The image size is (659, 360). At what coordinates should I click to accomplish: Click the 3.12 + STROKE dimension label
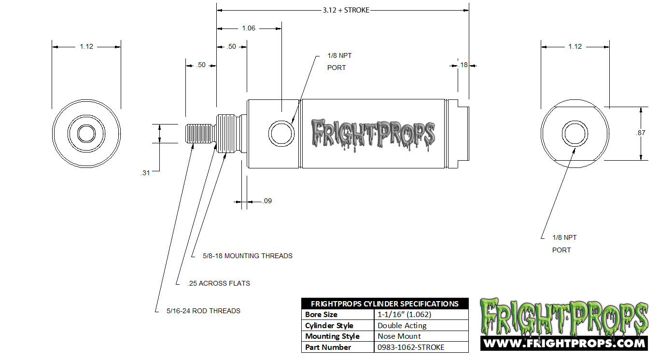coord(346,10)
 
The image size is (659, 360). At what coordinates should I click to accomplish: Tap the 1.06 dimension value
coord(249,28)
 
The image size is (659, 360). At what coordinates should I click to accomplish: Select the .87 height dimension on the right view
coord(641,133)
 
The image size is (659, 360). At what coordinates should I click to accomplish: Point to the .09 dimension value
coord(267,201)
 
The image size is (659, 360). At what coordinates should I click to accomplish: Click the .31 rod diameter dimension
coord(145,173)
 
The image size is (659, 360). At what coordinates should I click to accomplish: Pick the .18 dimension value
coord(463,65)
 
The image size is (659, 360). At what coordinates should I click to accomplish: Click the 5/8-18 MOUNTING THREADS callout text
coord(247,256)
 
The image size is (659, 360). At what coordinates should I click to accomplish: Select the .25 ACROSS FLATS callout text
coord(219,283)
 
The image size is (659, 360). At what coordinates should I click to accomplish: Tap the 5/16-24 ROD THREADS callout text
coord(203,311)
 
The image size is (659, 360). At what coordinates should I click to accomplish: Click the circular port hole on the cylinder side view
coord(281,133)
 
